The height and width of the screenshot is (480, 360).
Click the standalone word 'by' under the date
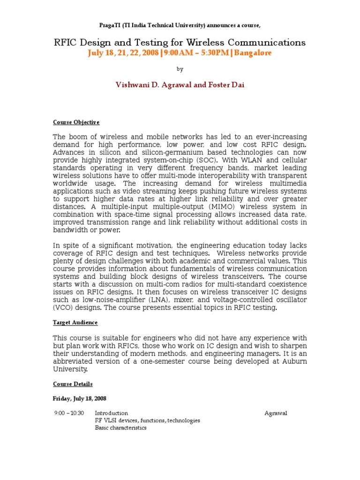click(180, 69)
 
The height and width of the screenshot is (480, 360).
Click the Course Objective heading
click(76, 122)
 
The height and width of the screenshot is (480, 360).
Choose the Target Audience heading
click(75, 323)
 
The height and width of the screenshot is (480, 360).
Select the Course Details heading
click(73, 384)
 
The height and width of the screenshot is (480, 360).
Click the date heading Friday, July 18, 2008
click(80, 398)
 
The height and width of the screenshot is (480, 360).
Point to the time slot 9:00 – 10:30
click(68, 413)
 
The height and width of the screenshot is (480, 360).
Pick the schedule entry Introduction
click(111, 413)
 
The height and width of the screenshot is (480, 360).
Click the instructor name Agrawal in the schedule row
click(276, 413)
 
